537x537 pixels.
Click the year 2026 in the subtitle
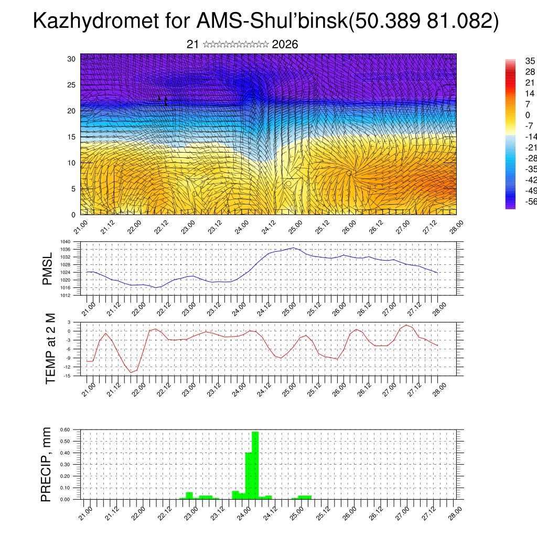pos(285,45)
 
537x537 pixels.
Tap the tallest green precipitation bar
pos(255,465)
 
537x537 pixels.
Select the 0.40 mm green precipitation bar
pos(249,475)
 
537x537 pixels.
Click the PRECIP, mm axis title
pos(47,465)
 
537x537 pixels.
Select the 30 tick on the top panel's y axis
pos(72,59)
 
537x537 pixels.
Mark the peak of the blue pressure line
pos(294,248)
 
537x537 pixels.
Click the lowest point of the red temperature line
pos(131,372)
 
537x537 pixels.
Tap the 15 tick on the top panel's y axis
pos(72,137)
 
